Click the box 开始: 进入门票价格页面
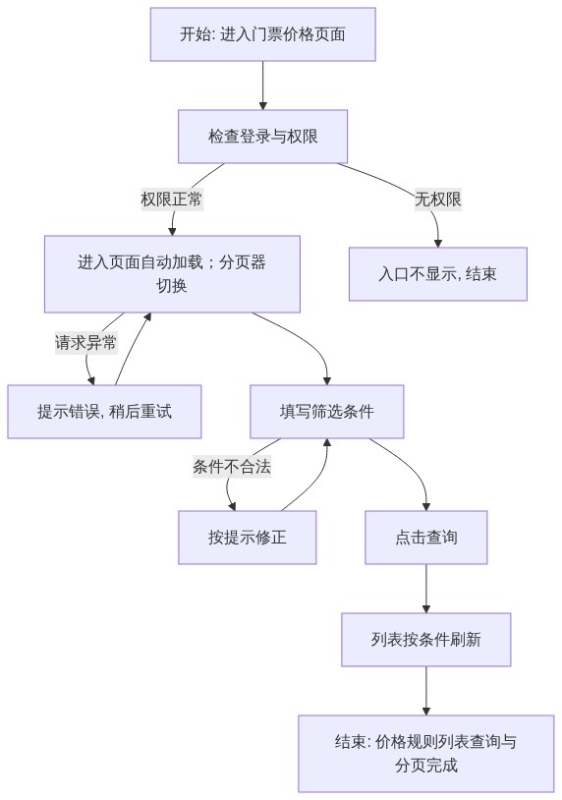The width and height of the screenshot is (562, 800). click(262, 34)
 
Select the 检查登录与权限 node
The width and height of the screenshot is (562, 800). click(262, 137)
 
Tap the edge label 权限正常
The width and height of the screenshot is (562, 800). click(171, 199)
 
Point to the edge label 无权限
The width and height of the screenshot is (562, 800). click(437, 199)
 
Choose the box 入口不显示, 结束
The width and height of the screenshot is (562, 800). click(437, 274)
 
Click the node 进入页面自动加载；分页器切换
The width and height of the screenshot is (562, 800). click(172, 274)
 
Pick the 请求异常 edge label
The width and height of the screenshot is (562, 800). click(85, 342)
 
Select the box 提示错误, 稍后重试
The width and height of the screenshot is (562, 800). click(104, 411)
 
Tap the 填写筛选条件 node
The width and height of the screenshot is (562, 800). click(326, 411)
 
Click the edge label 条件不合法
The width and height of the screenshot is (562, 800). click(232, 466)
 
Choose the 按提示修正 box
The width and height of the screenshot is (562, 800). click(247, 538)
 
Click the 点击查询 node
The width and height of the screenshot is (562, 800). click(425, 538)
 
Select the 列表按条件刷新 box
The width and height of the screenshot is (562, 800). click(425, 639)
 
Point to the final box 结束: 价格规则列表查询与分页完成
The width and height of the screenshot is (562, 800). click(425, 753)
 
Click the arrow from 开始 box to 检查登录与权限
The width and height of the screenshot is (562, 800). click(262, 86)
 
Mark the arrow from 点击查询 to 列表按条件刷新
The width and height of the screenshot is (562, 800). click(425, 589)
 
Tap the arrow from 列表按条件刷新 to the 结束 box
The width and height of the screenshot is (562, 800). click(425, 690)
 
